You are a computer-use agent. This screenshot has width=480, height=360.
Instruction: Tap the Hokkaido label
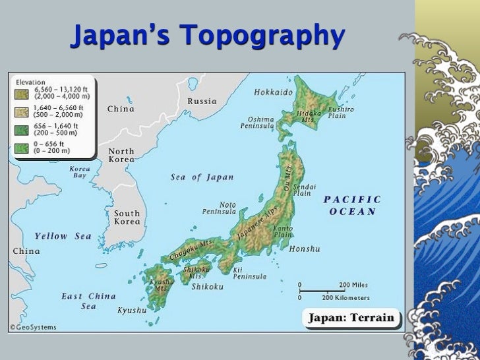tap(273, 92)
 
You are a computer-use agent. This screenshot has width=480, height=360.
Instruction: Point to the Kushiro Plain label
tap(341, 112)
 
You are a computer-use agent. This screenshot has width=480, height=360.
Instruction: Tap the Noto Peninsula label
tap(219, 208)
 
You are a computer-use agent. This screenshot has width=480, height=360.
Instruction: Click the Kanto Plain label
tap(283, 231)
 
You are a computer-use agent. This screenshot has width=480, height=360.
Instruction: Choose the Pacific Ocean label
tap(352, 205)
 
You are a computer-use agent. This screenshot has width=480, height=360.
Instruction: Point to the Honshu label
tap(304, 249)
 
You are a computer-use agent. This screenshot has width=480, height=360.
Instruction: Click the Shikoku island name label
tap(207, 286)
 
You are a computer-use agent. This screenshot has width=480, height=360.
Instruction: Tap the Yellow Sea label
tap(63, 236)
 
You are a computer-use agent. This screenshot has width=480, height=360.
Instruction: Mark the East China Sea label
tap(89, 301)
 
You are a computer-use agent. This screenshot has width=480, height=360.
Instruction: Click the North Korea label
tap(121, 156)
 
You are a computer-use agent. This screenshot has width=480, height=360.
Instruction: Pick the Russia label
tap(202, 102)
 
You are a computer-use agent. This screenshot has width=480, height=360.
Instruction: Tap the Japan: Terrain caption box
tap(352, 318)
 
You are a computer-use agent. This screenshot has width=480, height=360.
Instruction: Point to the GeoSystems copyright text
tap(34, 328)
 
